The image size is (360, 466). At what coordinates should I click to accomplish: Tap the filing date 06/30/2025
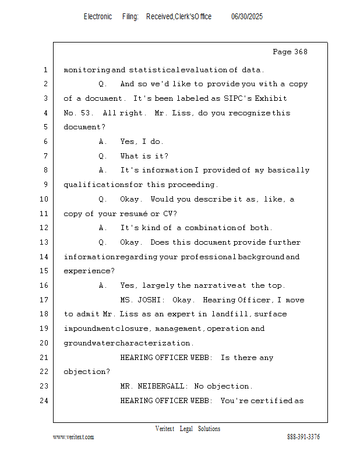point(247,17)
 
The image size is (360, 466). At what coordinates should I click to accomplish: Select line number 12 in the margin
point(45,228)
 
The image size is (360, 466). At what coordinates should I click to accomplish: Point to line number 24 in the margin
point(45,401)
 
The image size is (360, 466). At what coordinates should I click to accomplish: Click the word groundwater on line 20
point(89,343)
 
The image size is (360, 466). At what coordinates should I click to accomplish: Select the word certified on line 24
point(273,401)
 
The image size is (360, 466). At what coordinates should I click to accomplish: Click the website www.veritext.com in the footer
point(73,437)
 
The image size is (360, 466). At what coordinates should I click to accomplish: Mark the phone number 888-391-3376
point(303,437)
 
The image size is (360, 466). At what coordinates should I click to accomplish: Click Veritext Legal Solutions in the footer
point(188,429)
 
